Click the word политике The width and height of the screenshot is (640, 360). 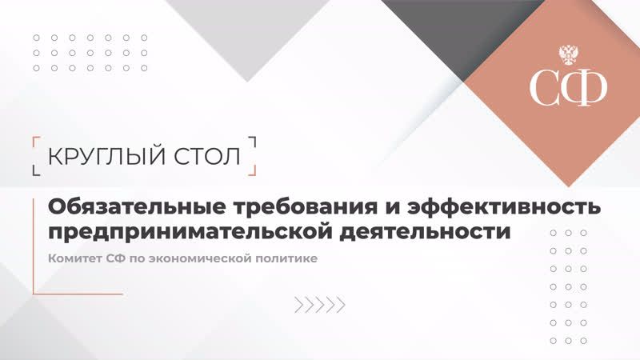(x=291, y=259)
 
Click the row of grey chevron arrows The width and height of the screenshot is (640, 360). (x=319, y=304)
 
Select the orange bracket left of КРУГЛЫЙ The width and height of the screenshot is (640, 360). (x=35, y=155)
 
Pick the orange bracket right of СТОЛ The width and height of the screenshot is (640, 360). (x=253, y=155)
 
